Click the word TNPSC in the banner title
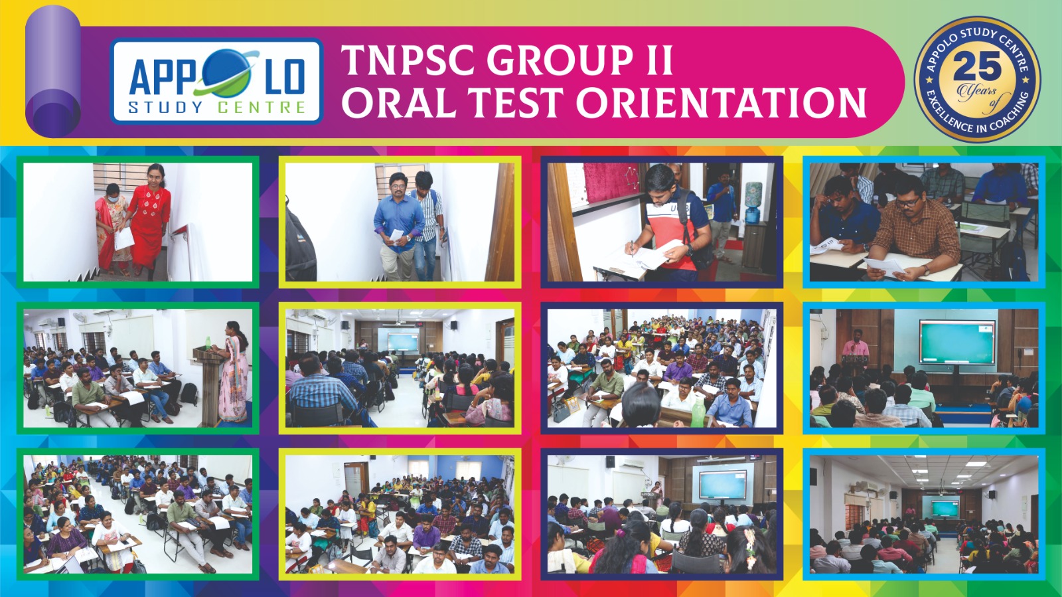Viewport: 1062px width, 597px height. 408,60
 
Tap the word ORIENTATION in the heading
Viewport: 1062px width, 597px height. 721,102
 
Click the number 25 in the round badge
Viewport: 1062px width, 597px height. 977,66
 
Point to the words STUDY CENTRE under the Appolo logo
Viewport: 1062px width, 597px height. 217,108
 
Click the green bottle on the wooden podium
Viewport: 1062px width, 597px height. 208,343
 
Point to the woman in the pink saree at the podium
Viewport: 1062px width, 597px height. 233,371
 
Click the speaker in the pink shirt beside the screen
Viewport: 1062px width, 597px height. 856,345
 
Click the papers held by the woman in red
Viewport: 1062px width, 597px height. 123,238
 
